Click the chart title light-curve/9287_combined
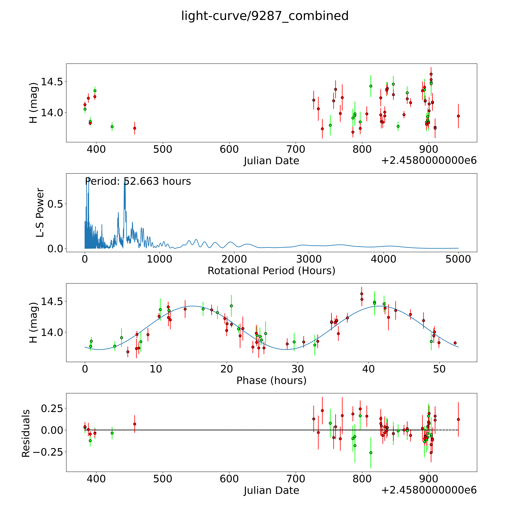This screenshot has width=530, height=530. coord(265,16)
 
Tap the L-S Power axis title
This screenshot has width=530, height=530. coord(40,213)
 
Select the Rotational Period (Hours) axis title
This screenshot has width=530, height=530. coord(271,271)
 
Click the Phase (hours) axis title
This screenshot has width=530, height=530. coord(271,381)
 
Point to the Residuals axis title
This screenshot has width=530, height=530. coord(26,433)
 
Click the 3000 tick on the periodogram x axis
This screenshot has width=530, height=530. coord(309,259)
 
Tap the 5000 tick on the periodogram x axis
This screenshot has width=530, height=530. coord(458,259)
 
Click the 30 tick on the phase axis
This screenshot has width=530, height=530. coord(298,369)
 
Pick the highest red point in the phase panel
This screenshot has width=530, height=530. coord(362,294)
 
